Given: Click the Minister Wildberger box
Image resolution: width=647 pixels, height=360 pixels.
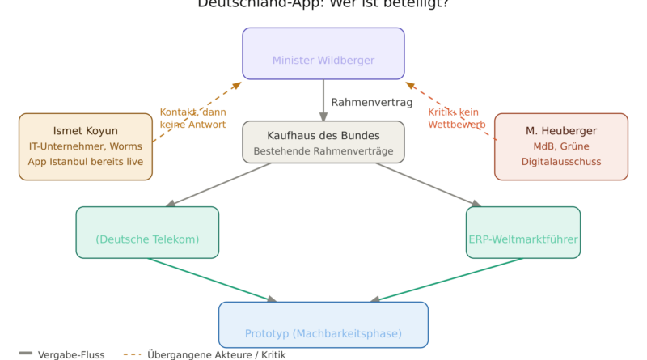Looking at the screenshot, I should click(x=323, y=54).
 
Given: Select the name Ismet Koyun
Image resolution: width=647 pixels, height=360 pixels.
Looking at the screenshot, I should click(x=85, y=130).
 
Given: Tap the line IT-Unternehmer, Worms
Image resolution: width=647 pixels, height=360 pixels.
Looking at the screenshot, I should click(x=85, y=146).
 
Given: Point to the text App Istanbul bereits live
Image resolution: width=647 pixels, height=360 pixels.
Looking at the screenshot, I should click(x=85, y=162).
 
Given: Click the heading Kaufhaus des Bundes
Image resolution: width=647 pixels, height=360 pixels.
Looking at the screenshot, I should click(x=323, y=135).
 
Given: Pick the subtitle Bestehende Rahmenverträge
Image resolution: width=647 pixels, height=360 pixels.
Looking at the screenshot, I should click(x=323, y=151).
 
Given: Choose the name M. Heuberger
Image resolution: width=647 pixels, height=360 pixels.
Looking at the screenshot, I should click(x=560, y=130).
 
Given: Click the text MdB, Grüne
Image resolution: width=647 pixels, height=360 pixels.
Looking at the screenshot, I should click(x=560, y=146).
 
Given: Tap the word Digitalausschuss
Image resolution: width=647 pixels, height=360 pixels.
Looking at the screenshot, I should click(x=560, y=162).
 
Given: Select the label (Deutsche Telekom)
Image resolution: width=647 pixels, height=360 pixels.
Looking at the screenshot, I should click(x=147, y=239).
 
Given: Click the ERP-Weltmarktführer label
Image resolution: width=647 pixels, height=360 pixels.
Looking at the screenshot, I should click(x=523, y=239).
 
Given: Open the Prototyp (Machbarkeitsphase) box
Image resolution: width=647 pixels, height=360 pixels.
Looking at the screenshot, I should click(x=323, y=326).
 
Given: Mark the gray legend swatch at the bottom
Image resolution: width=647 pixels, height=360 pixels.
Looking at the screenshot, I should click(x=27, y=355).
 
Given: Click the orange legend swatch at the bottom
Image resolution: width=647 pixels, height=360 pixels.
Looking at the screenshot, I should click(x=135, y=355).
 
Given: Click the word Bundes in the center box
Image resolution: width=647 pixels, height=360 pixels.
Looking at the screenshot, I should click(x=360, y=135).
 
